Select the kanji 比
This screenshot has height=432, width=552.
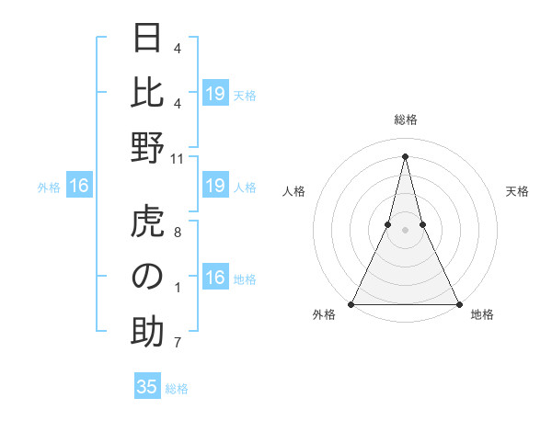(147, 93)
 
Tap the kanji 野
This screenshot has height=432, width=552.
(147, 148)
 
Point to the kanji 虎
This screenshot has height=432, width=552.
(147, 223)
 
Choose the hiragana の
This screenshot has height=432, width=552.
(147, 278)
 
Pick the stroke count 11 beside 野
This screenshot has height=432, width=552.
(178, 159)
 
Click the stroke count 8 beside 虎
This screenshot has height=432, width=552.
(178, 233)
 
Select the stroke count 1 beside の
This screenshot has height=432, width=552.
(178, 288)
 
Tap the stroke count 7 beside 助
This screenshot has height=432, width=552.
(178, 344)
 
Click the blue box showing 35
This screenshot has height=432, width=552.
(147, 387)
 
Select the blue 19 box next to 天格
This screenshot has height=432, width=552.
(215, 93)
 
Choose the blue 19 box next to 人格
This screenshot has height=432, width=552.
(215, 187)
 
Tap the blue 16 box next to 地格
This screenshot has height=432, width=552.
(215, 278)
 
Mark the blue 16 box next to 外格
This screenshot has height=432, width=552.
(79, 187)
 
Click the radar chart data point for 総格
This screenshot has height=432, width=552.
(405, 155)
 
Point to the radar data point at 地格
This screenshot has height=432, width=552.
(457, 303)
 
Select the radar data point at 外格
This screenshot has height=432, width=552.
(352, 303)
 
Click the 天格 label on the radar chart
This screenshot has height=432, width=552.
(517, 191)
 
